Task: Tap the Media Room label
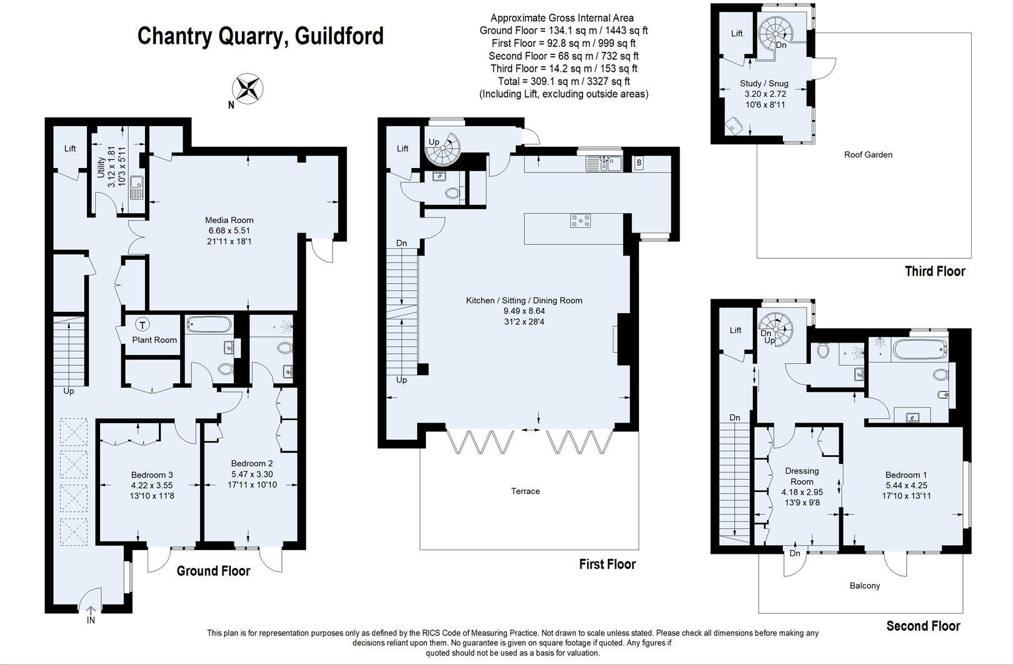pyautogui.click(x=229, y=220)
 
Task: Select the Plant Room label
pyautogui.click(x=154, y=340)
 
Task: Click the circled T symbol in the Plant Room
pyautogui.click(x=143, y=325)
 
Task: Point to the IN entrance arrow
pyautogui.click(x=91, y=613)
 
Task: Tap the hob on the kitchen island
pyautogui.click(x=580, y=221)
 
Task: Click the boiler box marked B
pyautogui.click(x=638, y=163)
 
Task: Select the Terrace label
pyautogui.click(x=525, y=491)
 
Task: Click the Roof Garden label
pyautogui.click(x=868, y=154)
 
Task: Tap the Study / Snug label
pyautogui.click(x=764, y=83)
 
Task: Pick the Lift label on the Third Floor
pyautogui.click(x=737, y=33)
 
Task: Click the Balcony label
pyautogui.click(x=865, y=586)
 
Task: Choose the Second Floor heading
pyautogui.click(x=923, y=626)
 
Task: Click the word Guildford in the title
pyautogui.click(x=339, y=36)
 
